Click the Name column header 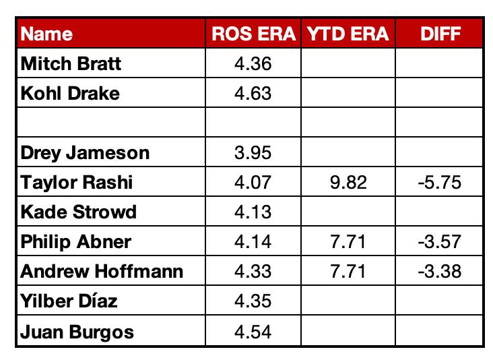coord(46,34)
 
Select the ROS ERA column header coord(253,34)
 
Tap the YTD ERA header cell coord(348,34)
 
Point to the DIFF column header coord(440,34)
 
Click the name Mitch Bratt coord(71,63)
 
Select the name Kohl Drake coord(70,93)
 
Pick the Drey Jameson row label coord(85,153)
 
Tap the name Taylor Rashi coord(76,183)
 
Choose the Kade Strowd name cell coord(78,212)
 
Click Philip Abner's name coord(76,241)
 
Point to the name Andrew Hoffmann coord(102,271)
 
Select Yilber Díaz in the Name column coord(69,301)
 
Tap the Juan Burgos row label coord(77,332)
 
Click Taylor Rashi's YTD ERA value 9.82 coord(348,183)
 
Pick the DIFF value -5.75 coord(440,183)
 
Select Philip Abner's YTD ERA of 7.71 coord(348,241)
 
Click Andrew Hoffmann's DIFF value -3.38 coord(440,271)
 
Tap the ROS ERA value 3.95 coord(253,153)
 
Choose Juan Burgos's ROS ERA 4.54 coord(253,332)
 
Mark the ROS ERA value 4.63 coord(253,93)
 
